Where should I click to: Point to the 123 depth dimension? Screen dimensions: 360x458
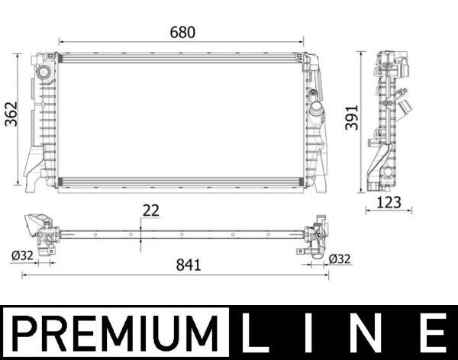(x=389, y=203)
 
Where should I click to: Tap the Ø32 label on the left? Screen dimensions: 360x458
(x=22, y=256)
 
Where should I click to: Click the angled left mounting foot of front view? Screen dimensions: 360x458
(x=34, y=164)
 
